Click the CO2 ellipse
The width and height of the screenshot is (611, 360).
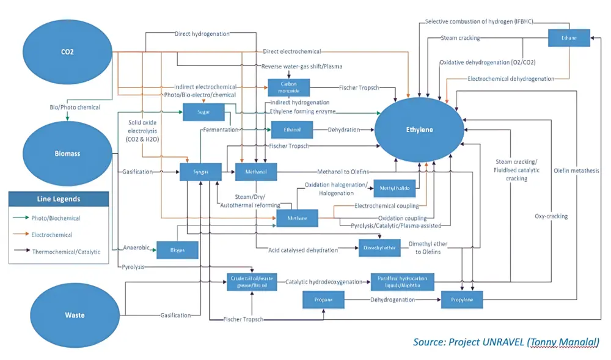(67, 52)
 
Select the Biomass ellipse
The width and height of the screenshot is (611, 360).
(67, 153)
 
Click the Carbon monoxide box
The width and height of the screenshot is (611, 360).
(288, 87)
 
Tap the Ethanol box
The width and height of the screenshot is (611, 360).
(292, 130)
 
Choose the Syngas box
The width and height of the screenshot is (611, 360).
(200, 172)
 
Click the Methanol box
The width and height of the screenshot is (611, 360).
(256, 172)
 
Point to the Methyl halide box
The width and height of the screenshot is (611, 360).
(394, 189)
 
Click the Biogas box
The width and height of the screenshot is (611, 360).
(178, 249)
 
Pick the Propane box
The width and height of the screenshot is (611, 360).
(323, 300)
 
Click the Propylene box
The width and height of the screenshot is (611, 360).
(462, 300)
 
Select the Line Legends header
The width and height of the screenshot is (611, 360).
(59, 199)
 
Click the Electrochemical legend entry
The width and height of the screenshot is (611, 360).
(51, 235)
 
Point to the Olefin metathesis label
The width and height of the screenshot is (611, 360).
(576, 171)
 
